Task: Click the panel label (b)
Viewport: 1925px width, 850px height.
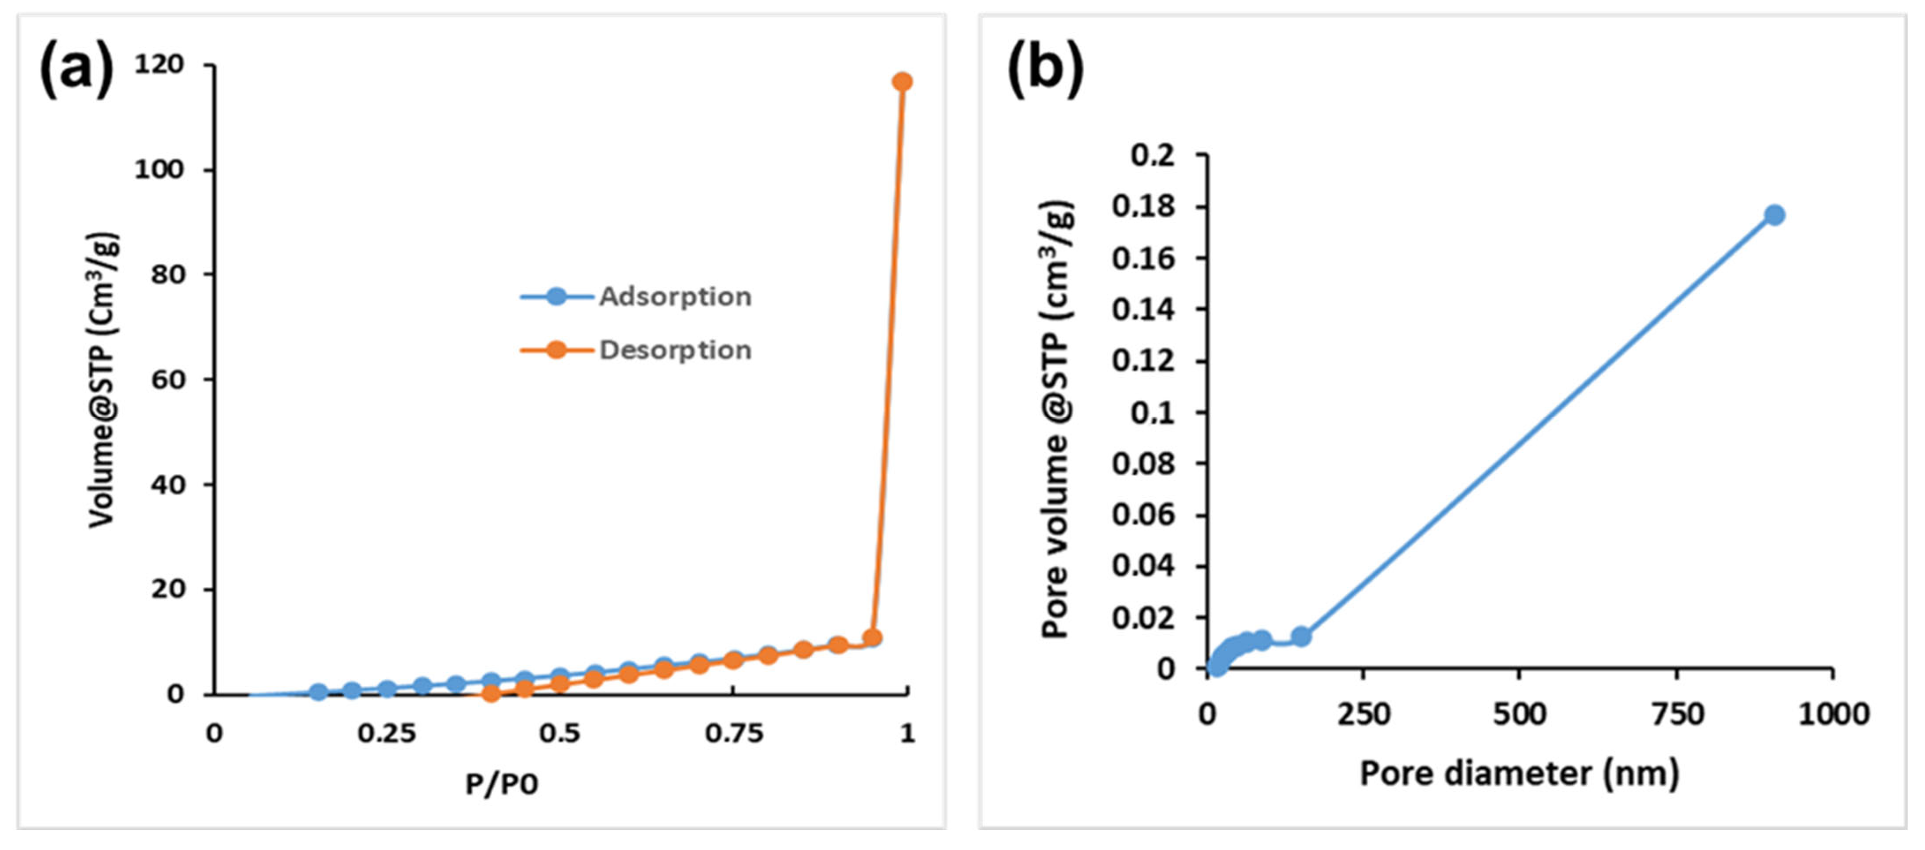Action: tap(1045, 69)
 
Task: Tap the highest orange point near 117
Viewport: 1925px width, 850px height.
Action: tap(902, 82)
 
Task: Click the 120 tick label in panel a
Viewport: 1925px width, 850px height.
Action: tap(159, 65)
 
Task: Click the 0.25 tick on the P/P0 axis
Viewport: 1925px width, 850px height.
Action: tap(386, 734)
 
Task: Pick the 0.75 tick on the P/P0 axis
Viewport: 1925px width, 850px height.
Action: tap(733, 734)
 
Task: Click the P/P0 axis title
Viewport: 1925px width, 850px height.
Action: tap(502, 784)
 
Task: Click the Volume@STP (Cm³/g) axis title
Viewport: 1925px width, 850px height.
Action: tap(102, 380)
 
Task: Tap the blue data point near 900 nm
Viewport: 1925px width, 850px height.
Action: tap(1774, 215)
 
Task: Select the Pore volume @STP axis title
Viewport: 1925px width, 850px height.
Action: tap(1056, 419)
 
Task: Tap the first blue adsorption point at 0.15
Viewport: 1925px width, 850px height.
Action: tap(319, 691)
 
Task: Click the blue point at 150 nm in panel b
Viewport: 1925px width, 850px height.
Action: tap(1301, 636)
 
